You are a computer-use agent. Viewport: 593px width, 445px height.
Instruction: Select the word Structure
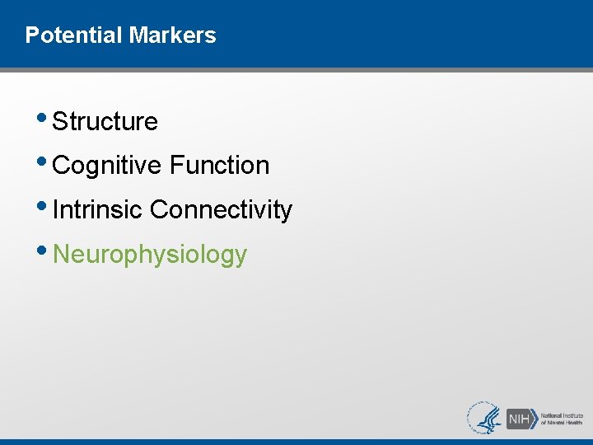coord(105,122)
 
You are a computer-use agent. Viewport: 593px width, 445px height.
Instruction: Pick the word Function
coord(220,166)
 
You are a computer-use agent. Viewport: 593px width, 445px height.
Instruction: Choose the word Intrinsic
coord(97,210)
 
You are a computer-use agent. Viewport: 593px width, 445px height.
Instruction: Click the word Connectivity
coord(221,210)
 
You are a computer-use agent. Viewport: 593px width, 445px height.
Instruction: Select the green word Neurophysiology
coord(149,255)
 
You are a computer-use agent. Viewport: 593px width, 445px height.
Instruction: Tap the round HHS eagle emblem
coord(485,418)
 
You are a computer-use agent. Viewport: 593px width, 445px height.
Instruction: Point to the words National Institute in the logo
coord(562,415)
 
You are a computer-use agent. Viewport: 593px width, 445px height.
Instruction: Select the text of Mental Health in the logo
coord(561,423)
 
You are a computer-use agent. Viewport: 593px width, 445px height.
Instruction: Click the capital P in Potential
coord(31,35)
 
